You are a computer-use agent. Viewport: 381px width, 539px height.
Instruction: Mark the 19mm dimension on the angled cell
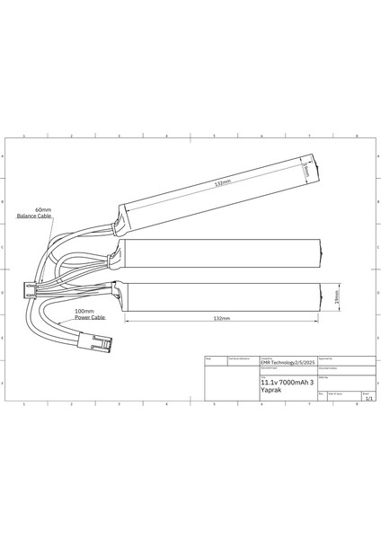(x=306, y=169)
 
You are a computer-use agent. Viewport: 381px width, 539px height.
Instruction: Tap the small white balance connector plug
(x=31, y=289)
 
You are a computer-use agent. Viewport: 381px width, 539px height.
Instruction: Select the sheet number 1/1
(x=367, y=398)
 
